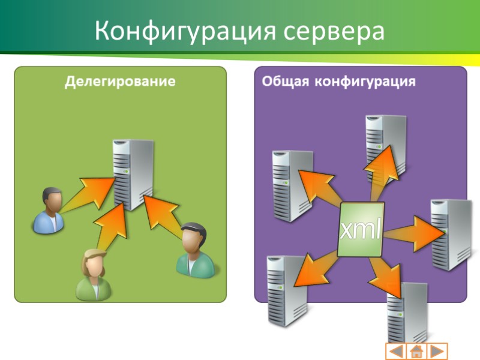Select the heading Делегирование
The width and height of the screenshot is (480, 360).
click(120, 81)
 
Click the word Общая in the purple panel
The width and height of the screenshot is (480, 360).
click(283, 81)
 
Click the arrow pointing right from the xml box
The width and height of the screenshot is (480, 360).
click(412, 231)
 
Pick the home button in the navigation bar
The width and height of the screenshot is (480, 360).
click(416, 351)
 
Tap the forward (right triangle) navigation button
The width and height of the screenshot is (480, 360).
click(438, 351)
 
